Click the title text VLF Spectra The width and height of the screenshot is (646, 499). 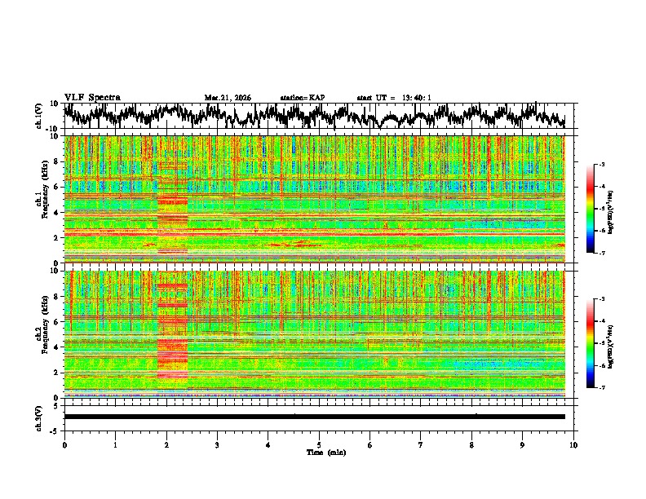coord(92,97)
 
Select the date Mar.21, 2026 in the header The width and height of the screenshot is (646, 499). coord(228,98)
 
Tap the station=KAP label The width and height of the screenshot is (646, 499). coord(302,98)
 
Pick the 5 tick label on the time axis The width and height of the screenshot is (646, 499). coord(319,444)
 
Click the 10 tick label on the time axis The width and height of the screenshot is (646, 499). coord(573,444)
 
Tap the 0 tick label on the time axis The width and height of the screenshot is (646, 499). coord(64,444)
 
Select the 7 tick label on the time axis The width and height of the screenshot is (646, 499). coord(421,444)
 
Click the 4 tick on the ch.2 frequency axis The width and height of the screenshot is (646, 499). coord(55,347)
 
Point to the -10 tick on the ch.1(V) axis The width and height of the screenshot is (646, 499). coord(51,129)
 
